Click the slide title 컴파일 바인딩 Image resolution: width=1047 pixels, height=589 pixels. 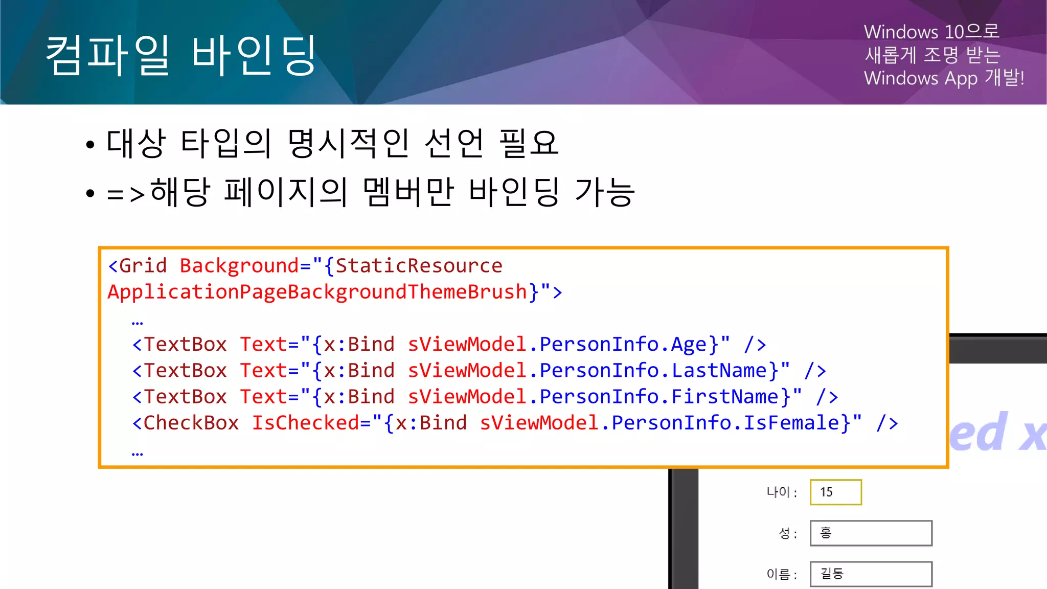coord(181,55)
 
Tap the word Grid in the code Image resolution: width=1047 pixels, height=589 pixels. coord(143,266)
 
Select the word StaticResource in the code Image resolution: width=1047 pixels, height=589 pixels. coord(419,266)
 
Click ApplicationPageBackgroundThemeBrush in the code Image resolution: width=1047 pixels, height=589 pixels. coord(317,292)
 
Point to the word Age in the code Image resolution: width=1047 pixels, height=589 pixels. coord(689,345)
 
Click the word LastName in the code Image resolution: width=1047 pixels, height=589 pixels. coord(719,371)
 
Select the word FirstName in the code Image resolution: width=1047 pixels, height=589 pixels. coord(724,397)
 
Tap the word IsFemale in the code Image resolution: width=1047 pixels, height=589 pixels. coord(791,423)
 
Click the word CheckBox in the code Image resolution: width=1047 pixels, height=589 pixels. coord(191,423)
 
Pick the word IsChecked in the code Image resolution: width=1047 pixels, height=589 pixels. coord(306,423)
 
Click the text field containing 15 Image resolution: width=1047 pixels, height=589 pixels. coord(835,492)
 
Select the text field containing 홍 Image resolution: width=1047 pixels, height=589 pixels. coord(871,533)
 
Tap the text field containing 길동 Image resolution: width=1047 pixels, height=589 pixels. coord(871,574)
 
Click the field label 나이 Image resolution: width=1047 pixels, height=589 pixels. coord(778,492)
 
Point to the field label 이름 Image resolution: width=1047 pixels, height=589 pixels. coord(778,574)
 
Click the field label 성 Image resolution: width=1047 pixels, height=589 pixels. coord(784,533)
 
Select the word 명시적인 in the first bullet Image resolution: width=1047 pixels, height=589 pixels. coord(348,143)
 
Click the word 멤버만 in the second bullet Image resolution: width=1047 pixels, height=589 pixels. coord(408,192)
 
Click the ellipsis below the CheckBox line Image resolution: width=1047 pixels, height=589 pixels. coord(138,454)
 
